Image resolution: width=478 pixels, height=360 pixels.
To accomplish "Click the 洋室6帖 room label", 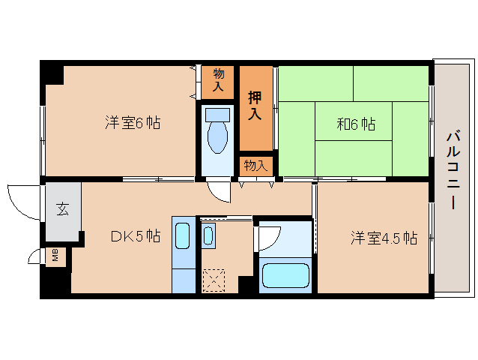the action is pyautogui.click(x=133, y=123).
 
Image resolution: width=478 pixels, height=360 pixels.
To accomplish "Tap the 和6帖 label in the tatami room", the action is pyautogui.click(x=356, y=124).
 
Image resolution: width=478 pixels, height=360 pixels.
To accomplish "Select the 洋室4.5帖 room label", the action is pyautogui.click(x=384, y=238).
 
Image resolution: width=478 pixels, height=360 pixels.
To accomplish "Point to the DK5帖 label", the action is pyautogui.click(x=136, y=235).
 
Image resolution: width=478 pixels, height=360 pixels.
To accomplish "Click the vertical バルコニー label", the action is pyautogui.click(x=453, y=169).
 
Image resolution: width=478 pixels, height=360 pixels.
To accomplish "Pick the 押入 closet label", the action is pyautogui.click(x=255, y=106).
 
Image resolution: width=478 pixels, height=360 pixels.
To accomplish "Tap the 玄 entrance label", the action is pyautogui.click(x=62, y=209).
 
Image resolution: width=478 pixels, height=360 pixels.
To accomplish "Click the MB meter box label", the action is pyautogui.click(x=55, y=255).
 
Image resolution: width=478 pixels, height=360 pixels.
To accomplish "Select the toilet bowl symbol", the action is pyautogui.click(x=217, y=131).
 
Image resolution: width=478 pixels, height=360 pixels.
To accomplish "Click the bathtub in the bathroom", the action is pyautogui.click(x=285, y=275).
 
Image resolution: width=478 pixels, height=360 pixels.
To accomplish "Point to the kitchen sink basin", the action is pyautogui.click(x=183, y=235).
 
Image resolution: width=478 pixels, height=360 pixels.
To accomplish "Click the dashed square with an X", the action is pyautogui.click(x=214, y=280).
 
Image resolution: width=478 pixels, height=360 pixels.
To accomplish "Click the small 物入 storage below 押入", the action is pyautogui.click(x=255, y=166).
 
